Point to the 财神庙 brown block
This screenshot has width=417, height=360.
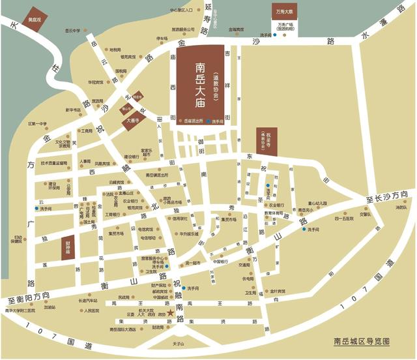66,248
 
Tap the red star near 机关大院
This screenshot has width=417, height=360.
171,314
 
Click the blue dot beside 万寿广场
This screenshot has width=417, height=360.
275,35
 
